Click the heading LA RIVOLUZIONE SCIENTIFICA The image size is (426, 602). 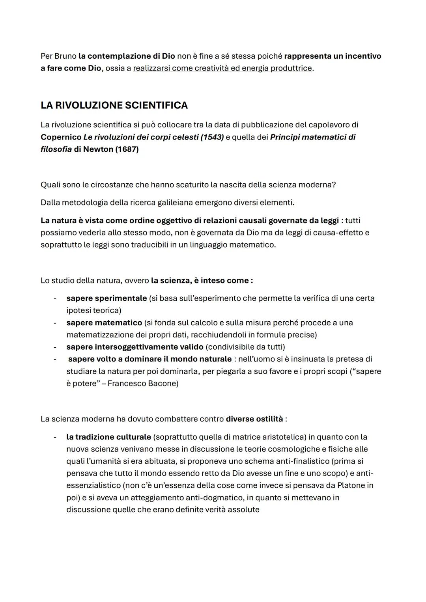point(114,105)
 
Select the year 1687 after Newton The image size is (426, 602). point(127,149)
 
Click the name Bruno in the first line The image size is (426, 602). point(65,56)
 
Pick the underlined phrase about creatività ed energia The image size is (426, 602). point(222,68)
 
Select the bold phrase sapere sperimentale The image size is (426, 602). point(106,298)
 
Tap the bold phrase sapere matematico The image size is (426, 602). point(104,322)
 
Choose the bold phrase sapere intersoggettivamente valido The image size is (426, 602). point(135,347)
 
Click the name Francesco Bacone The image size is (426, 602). point(143,383)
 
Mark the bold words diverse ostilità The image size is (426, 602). point(254,419)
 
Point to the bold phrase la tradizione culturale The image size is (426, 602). point(108,437)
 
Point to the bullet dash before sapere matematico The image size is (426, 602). point(55,322)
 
